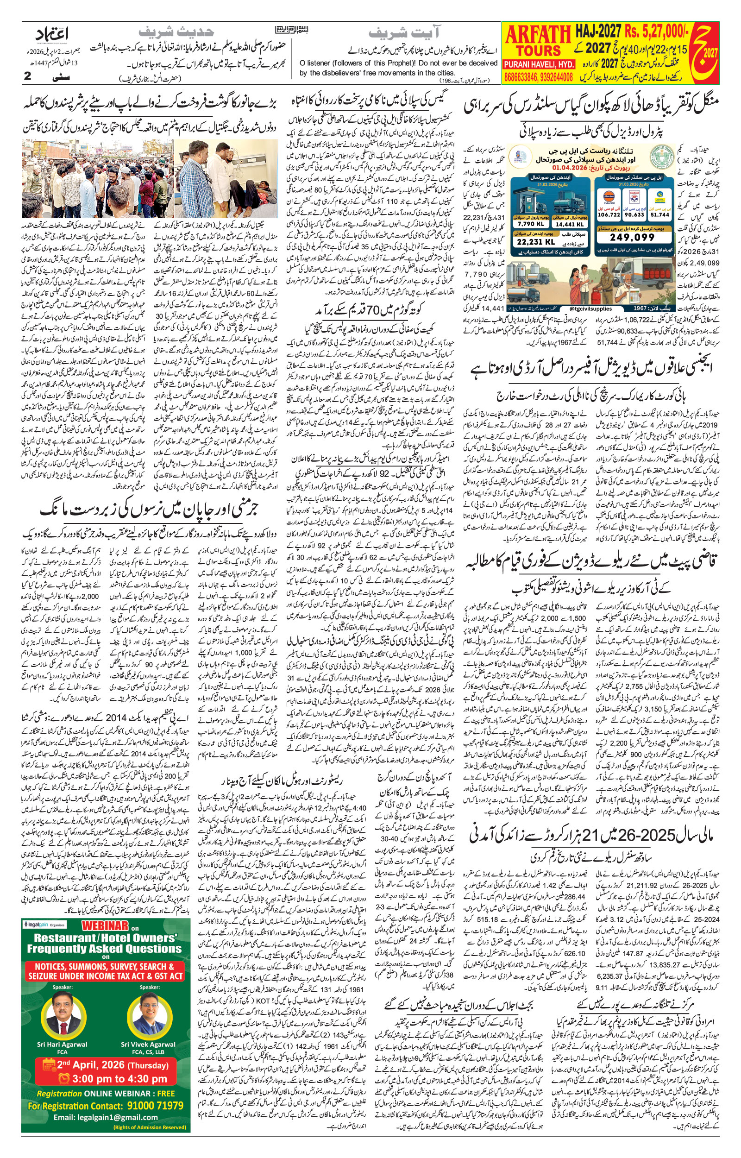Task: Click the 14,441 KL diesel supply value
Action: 569,224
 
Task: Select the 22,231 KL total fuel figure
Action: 536,242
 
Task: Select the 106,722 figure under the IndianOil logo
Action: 608,215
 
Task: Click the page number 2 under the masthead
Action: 27,76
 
